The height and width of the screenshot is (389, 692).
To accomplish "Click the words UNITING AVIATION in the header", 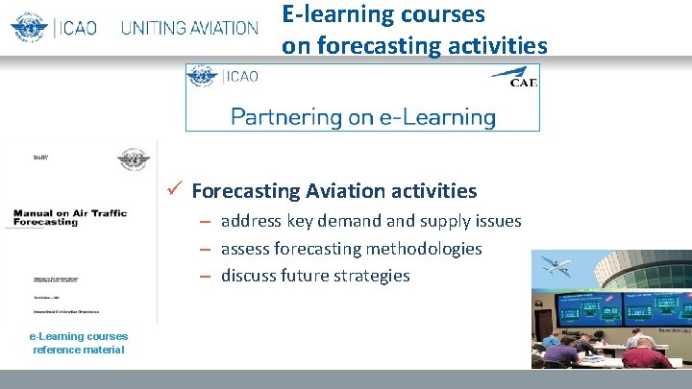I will tap(189, 28).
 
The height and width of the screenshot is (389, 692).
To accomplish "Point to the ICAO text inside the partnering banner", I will tap(240, 77).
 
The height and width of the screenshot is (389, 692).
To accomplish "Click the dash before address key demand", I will tap(206, 222).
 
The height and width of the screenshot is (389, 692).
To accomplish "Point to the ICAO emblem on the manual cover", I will tap(133, 159).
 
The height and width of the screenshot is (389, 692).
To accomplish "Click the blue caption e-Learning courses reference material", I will tap(78, 343).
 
